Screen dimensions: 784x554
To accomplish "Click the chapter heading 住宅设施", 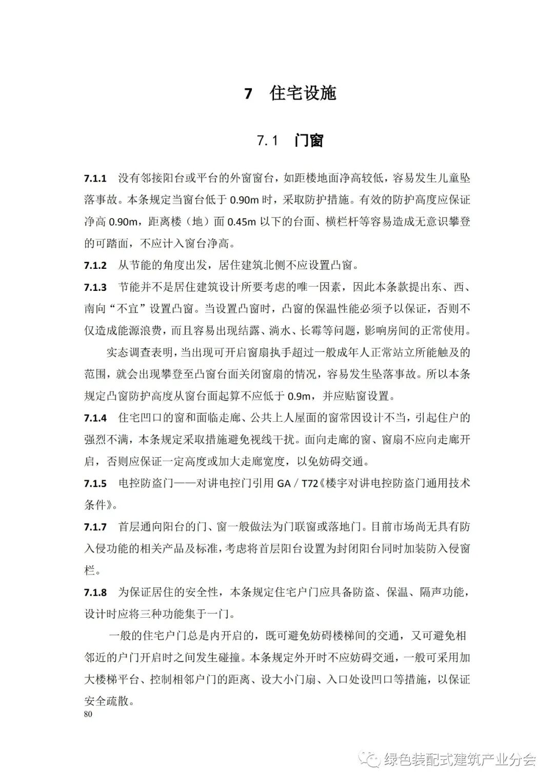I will tap(303, 94).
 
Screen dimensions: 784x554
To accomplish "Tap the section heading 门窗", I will tap(309, 141).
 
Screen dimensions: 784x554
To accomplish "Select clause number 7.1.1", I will tap(95, 179).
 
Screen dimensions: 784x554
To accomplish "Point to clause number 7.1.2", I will tap(95, 266).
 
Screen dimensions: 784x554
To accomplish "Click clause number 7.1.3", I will tap(95, 287).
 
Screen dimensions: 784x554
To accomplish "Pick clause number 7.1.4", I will tap(95, 418).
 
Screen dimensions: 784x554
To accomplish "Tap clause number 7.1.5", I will tap(95, 483).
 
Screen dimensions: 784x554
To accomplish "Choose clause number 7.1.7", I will tap(95, 527).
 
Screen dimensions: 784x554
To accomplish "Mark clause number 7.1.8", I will tap(95, 593).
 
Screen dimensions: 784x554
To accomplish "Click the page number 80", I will tap(88, 714).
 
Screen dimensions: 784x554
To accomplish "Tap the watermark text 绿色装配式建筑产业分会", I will tap(459, 759).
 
